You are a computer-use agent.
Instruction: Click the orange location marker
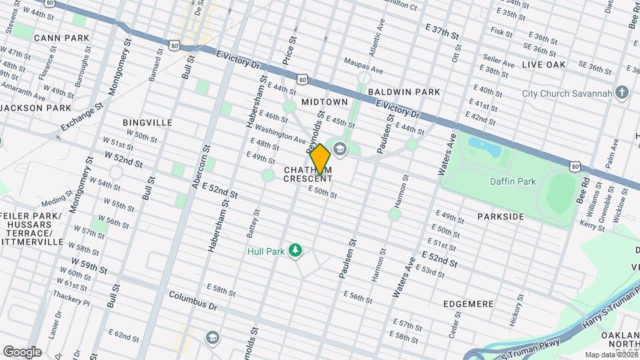point(321,159)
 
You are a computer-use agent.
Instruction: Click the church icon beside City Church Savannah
point(622,93)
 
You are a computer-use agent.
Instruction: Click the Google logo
point(22,352)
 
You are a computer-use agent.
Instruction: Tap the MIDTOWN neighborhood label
point(324,102)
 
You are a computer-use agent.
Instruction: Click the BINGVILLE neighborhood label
point(147,123)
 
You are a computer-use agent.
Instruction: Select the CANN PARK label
point(61,38)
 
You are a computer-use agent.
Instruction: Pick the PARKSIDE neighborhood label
point(501,217)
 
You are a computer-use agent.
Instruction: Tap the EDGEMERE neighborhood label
point(469,304)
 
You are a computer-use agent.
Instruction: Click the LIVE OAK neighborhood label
point(543,65)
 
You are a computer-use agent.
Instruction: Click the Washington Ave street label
point(280,135)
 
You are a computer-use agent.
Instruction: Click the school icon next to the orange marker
point(340,148)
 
